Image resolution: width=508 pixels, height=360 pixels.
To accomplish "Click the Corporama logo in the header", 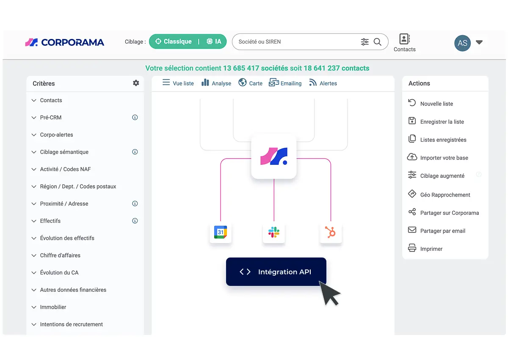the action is coord(65,42).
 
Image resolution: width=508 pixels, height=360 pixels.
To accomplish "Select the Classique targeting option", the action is coord(174,41).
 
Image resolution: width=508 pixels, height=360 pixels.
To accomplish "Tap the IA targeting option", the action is coord(214,41).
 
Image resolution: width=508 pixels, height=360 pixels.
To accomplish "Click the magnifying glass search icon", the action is coord(378,42).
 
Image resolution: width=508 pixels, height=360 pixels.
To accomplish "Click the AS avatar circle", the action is coord(462,43).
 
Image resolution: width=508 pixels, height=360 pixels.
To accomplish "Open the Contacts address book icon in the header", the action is coord(404,39).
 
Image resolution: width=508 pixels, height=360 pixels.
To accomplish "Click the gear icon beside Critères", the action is coord(136,83).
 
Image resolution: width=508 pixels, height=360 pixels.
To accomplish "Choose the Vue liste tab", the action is coord(178,83).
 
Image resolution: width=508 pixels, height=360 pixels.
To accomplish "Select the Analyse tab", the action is coord(216,83).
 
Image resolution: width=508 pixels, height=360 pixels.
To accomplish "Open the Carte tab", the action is coord(250,83).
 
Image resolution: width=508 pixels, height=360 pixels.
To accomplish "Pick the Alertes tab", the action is coord(323,83).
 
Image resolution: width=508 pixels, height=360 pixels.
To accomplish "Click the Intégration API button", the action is coord(276,271).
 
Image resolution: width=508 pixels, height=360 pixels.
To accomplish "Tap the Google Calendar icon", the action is coord(221,232).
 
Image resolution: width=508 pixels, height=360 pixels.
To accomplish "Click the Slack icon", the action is coord(274,232).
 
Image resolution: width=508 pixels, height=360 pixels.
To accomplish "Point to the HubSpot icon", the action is coord(331,232).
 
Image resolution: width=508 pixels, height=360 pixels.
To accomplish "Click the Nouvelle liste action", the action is coord(431,103).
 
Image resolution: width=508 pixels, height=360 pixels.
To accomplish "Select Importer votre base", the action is coord(438,158).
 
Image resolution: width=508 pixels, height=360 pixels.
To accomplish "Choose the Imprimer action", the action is coord(425,248).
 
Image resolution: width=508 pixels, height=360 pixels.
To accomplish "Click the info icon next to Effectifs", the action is coord(135,221).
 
